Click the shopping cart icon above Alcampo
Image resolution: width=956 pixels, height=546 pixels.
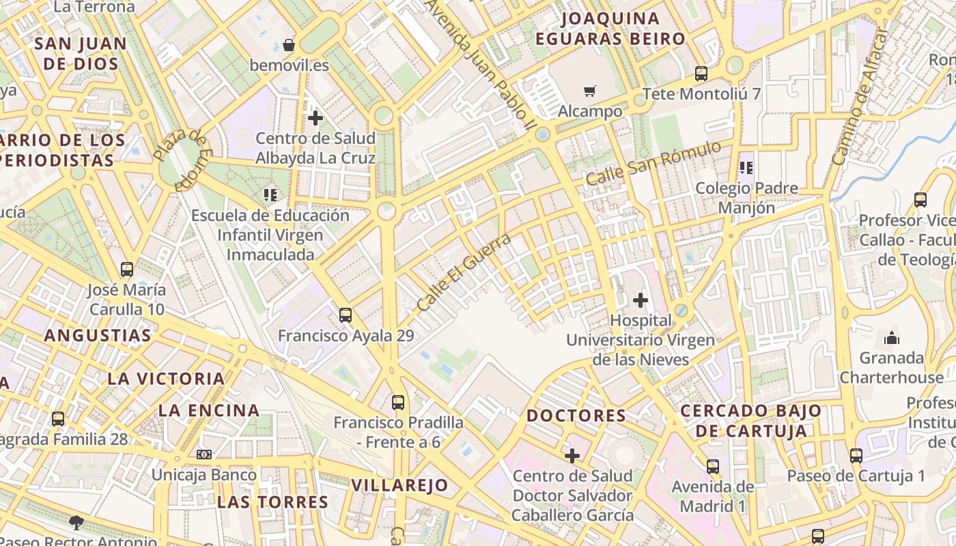(x=590, y=91)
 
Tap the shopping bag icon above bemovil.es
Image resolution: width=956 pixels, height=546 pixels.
(x=289, y=45)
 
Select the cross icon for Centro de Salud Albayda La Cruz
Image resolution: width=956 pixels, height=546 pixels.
(x=315, y=118)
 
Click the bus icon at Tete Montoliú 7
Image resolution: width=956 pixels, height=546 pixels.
(x=701, y=74)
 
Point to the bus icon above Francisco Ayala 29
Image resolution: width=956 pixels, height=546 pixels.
(x=346, y=315)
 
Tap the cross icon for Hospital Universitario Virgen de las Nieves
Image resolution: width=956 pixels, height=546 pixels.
(x=641, y=300)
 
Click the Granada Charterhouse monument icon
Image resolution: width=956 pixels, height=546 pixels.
(x=891, y=338)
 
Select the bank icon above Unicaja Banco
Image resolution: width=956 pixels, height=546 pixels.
(x=204, y=455)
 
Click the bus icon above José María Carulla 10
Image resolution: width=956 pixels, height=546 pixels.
(x=126, y=270)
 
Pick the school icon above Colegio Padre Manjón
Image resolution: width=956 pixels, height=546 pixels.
(x=746, y=167)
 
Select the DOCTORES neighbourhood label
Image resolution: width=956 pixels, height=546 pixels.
(x=576, y=416)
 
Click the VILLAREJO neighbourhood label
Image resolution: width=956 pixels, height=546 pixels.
(x=399, y=485)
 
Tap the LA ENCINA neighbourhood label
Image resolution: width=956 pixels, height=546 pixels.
(x=209, y=410)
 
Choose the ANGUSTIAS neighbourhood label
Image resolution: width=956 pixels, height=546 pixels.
(x=98, y=336)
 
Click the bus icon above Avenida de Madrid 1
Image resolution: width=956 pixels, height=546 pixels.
(x=713, y=467)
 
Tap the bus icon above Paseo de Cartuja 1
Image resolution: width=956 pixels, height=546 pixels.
(x=856, y=456)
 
